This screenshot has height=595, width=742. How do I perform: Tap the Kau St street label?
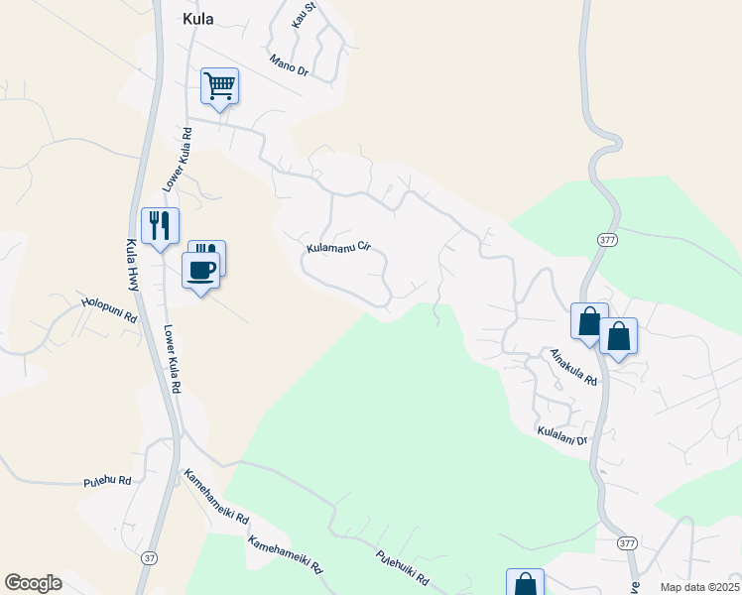pos(303,13)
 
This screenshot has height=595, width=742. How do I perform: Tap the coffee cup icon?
pos(200,270)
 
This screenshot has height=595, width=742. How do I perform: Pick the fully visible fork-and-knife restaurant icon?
pos(159,225)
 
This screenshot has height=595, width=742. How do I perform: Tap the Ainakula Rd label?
pos(574,366)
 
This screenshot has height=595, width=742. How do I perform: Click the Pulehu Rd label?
pos(107,482)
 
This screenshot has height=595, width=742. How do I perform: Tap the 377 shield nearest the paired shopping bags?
pos(606,240)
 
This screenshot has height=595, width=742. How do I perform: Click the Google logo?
pos(33,583)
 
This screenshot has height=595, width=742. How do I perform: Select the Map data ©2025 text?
pos(699,587)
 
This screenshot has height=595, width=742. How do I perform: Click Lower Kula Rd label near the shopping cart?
pos(176,160)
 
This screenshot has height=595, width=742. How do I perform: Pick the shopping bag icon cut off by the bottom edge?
pos(525,583)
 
